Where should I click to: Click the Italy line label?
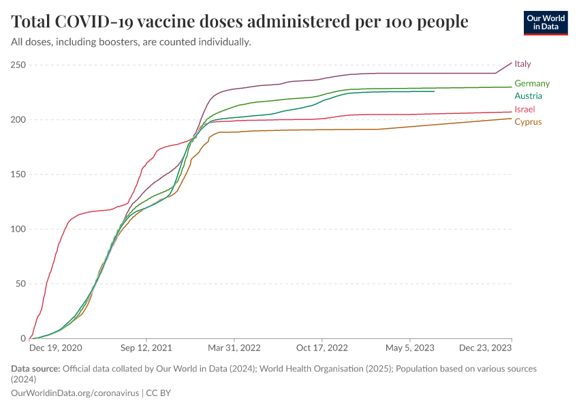pos(522,63)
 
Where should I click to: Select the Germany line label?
pos(532,83)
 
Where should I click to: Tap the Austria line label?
pos(528,95)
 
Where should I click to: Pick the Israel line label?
pos(525,109)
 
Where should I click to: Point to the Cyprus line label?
pos(528,122)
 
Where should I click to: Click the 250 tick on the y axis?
pos(18,65)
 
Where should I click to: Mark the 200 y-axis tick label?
pos(18,120)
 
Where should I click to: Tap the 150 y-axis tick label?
pos(18,175)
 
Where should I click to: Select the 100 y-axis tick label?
pos(18,229)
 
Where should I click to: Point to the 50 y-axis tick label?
pos(20,284)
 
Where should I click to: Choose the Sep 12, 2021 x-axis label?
pos(146,348)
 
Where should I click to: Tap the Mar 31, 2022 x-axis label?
pos(234,348)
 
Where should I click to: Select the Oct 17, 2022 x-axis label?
pos(322,348)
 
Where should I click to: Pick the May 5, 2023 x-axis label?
pos(410,348)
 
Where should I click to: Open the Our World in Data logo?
pos(545,22)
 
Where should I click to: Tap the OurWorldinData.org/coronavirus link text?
pos(75,393)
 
